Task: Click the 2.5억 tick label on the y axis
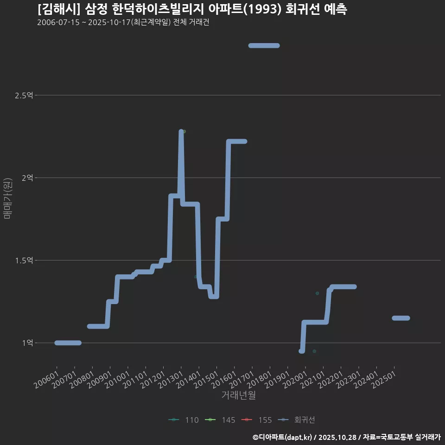click(x=24, y=95)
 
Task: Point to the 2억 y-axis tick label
click(x=28, y=178)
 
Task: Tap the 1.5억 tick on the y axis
click(x=24, y=261)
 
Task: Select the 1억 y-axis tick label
click(x=28, y=343)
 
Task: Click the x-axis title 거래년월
click(x=239, y=395)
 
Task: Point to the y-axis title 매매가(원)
click(x=7, y=198)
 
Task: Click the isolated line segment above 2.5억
click(x=264, y=45)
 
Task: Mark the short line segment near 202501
click(x=400, y=318)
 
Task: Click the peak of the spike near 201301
click(x=181, y=132)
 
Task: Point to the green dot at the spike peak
click(x=184, y=132)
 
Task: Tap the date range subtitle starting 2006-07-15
click(x=123, y=23)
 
